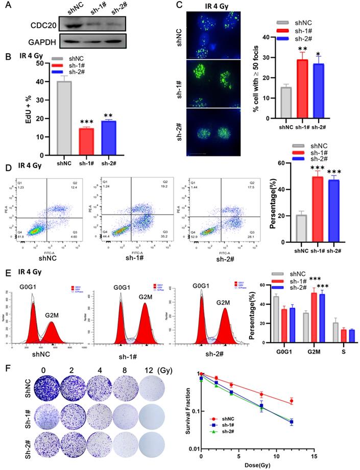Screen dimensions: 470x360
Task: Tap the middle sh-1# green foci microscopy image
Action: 208,82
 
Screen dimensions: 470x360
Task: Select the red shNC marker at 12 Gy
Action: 292,401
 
